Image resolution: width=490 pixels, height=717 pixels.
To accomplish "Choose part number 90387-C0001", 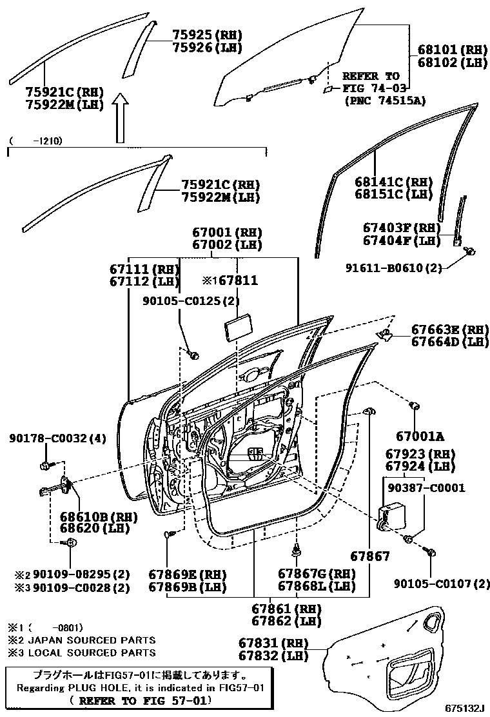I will coord(425,488).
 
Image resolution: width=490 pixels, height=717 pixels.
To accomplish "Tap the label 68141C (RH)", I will coord(393,181).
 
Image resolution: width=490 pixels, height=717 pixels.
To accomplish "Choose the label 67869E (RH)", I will coord(184,574).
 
